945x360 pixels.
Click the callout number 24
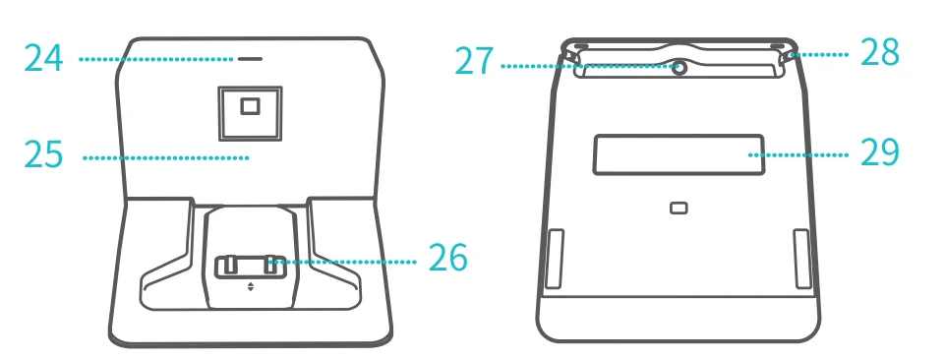[x=44, y=58]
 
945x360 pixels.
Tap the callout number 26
[x=447, y=257]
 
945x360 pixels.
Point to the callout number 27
[x=474, y=62]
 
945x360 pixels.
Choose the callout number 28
[x=880, y=52]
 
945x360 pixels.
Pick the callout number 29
[x=880, y=151]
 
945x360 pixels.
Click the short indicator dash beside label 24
[x=250, y=59]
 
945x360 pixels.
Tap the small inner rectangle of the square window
[x=250, y=107]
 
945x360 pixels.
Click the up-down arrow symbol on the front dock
[x=251, y=287]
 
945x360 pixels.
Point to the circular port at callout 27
[x=679, y=68]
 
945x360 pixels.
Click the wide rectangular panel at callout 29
[x=679, y=154]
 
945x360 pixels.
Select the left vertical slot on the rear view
[x=554, y=259]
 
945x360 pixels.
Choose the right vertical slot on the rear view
[x=802, y=259]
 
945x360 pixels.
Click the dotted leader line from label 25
[x=166, y=158]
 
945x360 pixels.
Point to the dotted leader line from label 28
[x=820, y=54]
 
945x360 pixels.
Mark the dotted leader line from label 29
[x=797, y=155]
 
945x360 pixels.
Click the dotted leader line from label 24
[x=156, y=59]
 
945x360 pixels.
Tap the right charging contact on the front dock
[x=271, y=266]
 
